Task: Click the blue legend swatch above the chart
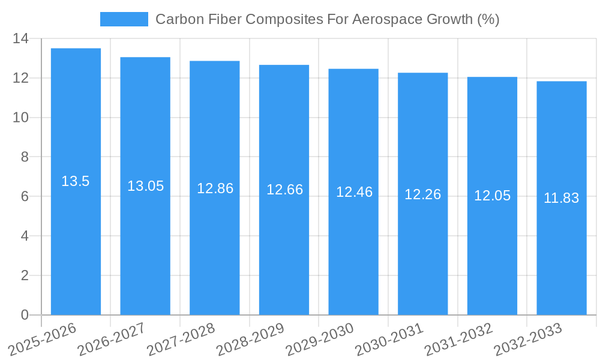click(124, 19)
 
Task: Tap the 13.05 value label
click(145, 186)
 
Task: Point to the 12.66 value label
click(284, 190)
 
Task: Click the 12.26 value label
click(422, 194)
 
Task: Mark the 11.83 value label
click(561, 198)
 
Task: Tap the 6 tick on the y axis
click(24, 197)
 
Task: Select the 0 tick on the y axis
click(24, 315)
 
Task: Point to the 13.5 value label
click(76, 181)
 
